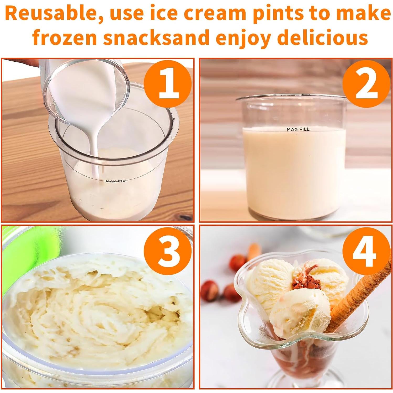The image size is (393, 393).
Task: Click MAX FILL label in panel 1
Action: click(x=117, y=181)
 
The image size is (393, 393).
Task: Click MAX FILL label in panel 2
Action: click(x=298, y=129)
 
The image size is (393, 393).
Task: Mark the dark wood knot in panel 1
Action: click(x=185, y=217)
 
